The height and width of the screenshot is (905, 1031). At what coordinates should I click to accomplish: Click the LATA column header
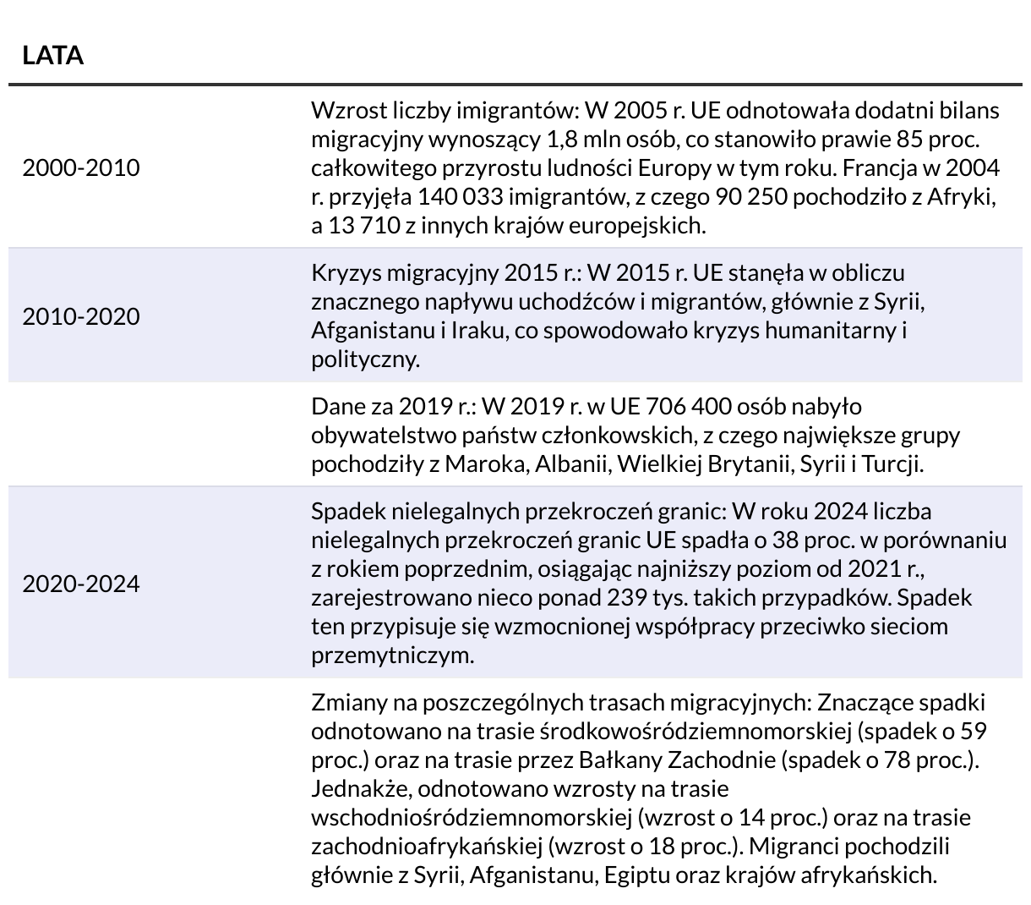52,56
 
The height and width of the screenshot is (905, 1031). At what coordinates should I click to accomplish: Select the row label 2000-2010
80,168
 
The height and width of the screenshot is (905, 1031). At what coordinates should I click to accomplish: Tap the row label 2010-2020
80,317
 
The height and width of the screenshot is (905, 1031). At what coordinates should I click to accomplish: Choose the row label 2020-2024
80,584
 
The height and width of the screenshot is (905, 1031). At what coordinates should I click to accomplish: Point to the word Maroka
485,464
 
